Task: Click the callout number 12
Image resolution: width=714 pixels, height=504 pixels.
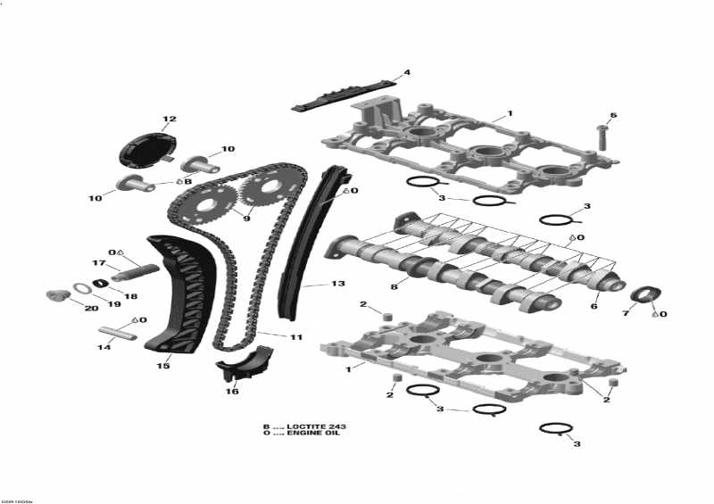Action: coord(169,120)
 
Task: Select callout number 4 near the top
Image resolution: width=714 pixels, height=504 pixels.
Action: coord(406,72)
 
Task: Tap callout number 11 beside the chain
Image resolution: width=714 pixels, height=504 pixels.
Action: coord(296,337)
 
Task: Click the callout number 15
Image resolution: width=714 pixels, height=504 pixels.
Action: coord(163,366)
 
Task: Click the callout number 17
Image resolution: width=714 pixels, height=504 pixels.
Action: coord(100,263)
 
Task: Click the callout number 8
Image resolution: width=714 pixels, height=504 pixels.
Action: coord(393,286)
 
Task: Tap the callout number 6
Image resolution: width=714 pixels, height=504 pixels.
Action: coord(594,306)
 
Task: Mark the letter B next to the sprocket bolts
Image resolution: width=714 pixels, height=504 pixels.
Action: coord(187,181)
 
